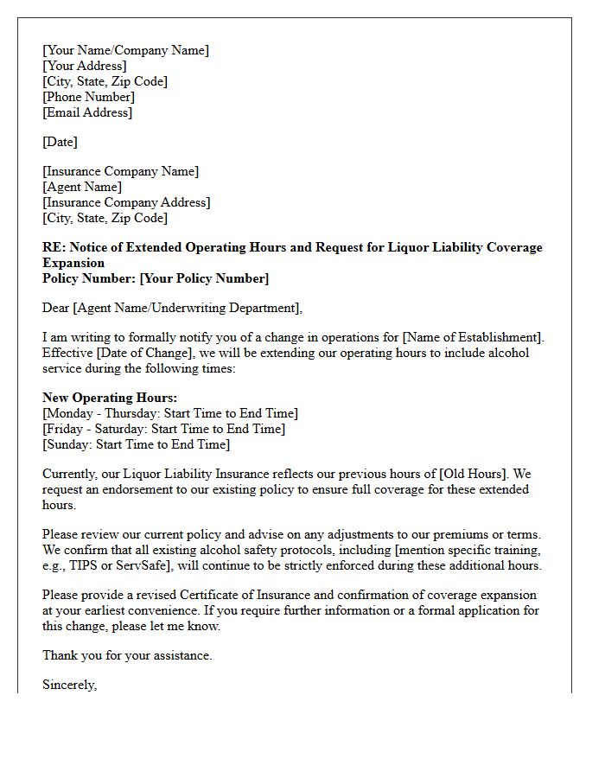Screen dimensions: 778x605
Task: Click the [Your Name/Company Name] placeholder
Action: pyautogui.click(x=125, y=50)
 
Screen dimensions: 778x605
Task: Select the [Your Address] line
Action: pyautogui.click(x=84, y=66)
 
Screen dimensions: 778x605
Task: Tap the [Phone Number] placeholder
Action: pyautogui.click(x=88, y=97)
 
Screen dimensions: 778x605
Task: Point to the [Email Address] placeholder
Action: pyautogui.click(x=87, y=112)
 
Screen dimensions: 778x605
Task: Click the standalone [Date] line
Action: pyautogui.click(x=60, y=142)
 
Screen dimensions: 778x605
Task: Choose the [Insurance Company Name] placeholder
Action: pyautogui.click(x=120, y=171)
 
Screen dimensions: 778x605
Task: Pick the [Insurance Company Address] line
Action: pyautogui.click(x=126, y=202)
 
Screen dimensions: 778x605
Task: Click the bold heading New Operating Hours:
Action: pyautogui.click(x=110, y=398)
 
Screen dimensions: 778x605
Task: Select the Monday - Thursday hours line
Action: pyautogui.click(x=170, y=413)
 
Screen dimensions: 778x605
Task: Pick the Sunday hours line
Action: pyautogui.click(x=136, y=444)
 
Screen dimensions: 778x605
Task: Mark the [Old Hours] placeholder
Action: pyautogui.click(x=474, y=474)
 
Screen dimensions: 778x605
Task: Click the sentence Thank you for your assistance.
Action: pyautogui.click(x=127, y=655)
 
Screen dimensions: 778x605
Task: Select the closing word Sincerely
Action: pyautogui.click(x=69, y=685)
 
